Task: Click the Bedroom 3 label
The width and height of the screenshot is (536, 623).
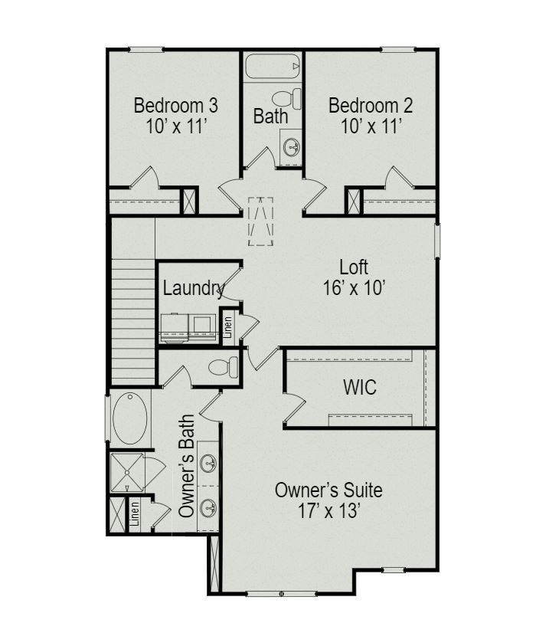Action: [x=175, y=105]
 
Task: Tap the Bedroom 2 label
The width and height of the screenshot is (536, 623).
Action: [x=371, y=105]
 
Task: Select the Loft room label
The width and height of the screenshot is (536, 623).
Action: [x=354, y=267]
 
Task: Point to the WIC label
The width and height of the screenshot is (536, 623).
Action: [x=359, y=387]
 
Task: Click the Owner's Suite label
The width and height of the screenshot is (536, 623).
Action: [x=328, y=490]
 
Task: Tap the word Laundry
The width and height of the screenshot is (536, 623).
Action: [x=193, y=289]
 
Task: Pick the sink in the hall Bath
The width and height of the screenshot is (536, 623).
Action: [x=292, y=146]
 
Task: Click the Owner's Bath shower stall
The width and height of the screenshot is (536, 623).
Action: [x=127, y=472]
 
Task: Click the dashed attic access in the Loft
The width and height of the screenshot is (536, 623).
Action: [x=260, y=221]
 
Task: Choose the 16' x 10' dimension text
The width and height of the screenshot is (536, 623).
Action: [x=353, y=288]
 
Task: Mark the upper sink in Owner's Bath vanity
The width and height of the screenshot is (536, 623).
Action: [x=208, y=463]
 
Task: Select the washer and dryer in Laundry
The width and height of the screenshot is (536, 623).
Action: [x=188, y=324]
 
